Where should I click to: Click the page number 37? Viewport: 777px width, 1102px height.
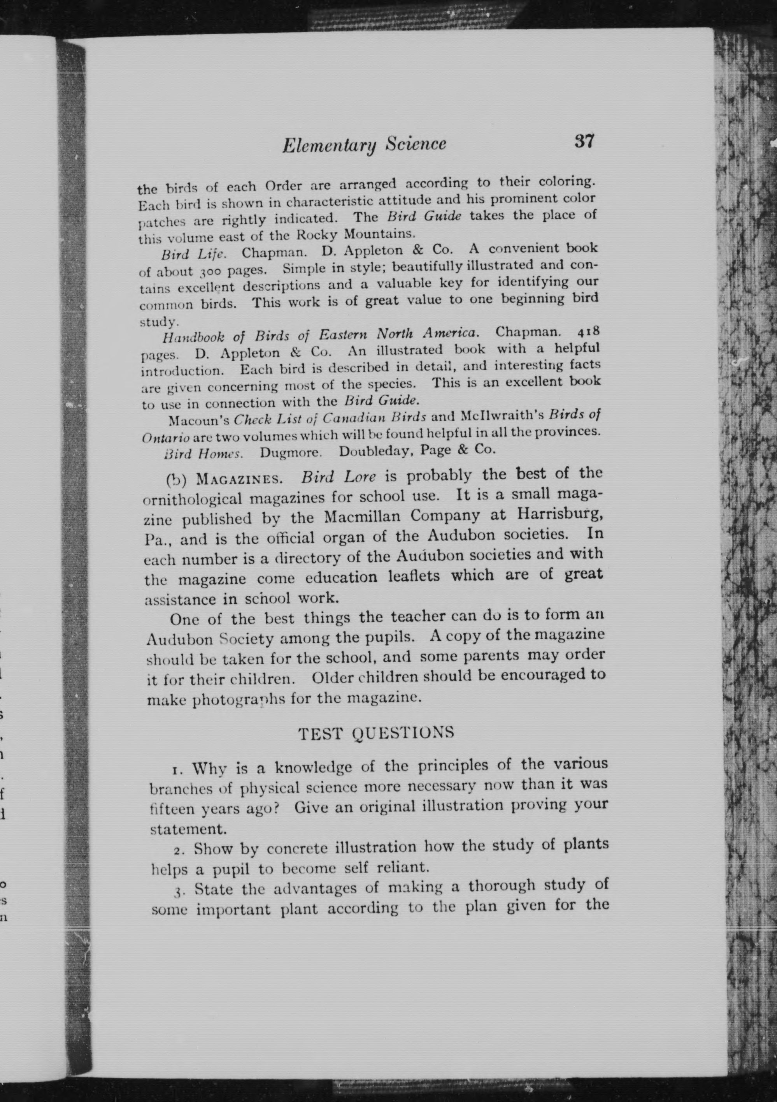coord(584,142)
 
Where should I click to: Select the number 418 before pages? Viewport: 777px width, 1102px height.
coord(586,332)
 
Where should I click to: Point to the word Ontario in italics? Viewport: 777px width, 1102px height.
coord(166,438)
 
